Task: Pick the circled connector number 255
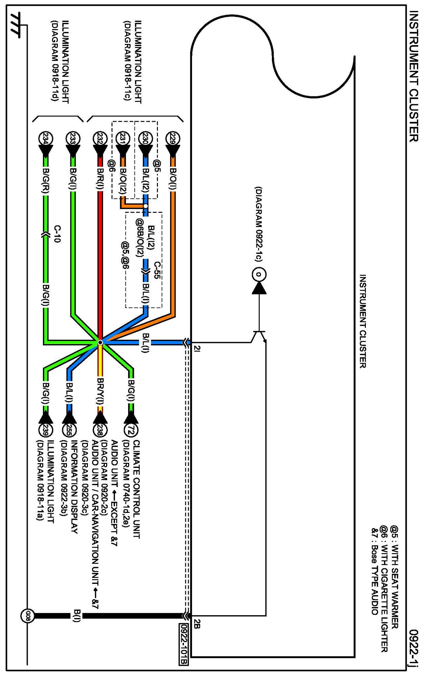click(x=69, y=430)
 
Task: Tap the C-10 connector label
click(x=57, y=234)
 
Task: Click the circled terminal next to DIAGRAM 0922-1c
click(x=259, y=274)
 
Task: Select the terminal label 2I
click(x=197, y=348)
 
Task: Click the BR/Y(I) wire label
click(x=100, y=391)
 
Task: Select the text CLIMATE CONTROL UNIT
click(x=136, y=489)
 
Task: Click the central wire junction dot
click(x=100, y=342)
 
